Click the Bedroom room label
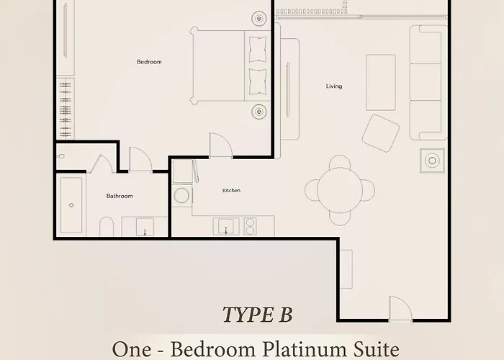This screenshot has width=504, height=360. click(149, 62)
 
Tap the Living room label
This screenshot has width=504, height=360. click(334, 86)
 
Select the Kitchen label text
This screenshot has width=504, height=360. click(231, 190)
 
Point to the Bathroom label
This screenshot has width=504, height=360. click(120, 196)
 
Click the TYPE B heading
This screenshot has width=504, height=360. click(258, 315)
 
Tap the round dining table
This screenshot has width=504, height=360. click(340, 190)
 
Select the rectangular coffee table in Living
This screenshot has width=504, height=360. click(381, 83)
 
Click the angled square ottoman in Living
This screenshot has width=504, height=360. click(381, 133)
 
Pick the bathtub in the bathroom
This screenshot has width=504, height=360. click(71, 205)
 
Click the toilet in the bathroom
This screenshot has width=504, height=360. click(107, 227)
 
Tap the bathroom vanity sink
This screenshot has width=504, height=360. click(145, 227)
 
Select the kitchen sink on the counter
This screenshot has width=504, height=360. click(226, 226)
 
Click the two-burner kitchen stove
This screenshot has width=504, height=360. click(250, 226)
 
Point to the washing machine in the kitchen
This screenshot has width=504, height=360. click(182, 195)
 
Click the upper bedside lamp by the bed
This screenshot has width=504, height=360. click(259, 18)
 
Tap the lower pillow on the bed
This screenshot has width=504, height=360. click(258, 82)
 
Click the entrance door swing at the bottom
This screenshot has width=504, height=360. click(400, 308)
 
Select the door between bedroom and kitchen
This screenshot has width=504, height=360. click(220, 145)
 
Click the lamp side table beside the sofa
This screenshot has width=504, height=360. click(432, 161)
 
